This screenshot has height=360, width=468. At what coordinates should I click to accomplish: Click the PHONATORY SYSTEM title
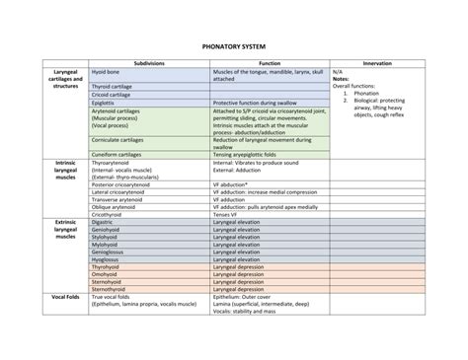tap(233, 44)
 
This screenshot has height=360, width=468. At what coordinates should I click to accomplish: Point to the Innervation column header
tap(378, 62)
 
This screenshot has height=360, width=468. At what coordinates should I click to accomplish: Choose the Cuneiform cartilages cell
tap(120, 155)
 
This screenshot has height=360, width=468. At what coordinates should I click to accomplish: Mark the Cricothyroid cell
tap(108, 214)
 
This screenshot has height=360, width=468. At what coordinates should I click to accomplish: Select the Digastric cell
tap(103, 222)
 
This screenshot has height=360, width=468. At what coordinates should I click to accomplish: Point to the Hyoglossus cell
tap(106, 258)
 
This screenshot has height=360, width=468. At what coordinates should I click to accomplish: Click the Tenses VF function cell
tap(226, 214)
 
